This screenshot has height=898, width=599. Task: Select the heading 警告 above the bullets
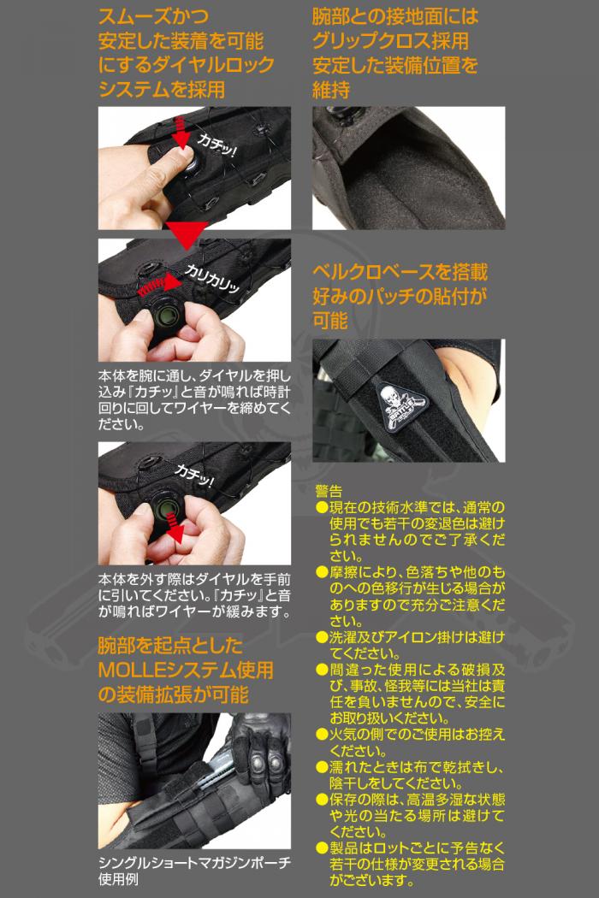point(329,491)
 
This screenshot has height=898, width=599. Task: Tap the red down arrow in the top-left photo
point(181,133)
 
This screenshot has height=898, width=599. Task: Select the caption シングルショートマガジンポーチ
point(194,862)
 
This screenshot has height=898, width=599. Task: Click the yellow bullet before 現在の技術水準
point(322,507)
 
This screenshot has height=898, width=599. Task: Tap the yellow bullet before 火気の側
point(322,734)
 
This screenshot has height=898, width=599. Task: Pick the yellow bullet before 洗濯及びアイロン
point(322,637)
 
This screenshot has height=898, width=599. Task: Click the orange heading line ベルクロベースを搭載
point(400,271)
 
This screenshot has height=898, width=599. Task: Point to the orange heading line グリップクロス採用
point(390,41)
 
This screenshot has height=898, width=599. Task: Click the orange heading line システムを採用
point(162,89)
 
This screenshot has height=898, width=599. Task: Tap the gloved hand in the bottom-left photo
point(261,750)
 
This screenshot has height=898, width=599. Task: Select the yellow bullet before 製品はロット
point(322,848)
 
